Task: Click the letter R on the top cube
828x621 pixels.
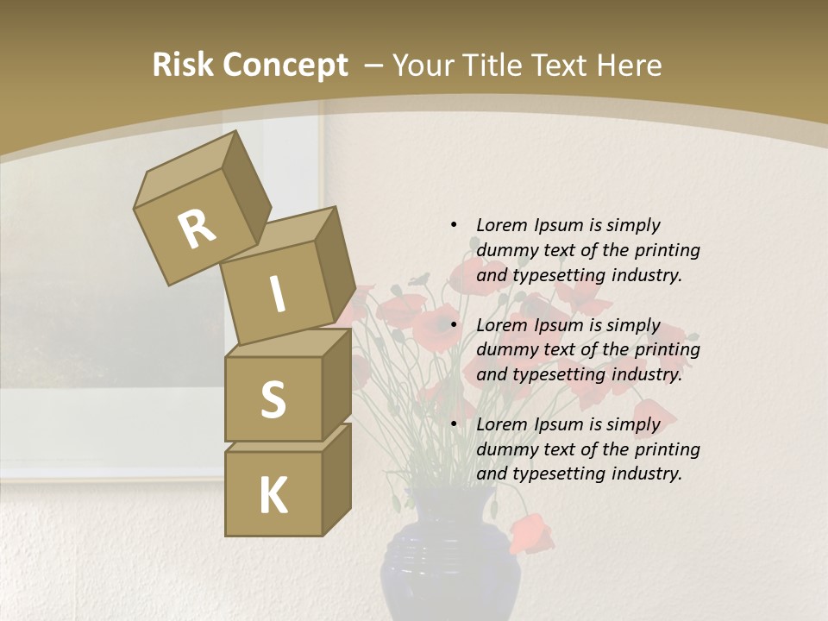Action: click(197, 229)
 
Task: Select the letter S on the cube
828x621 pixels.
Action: click(273, 399)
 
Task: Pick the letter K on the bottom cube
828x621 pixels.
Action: click(273, 495)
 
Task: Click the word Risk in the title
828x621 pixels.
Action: click(184, 65)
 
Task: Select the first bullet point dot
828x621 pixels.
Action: click(454, 225)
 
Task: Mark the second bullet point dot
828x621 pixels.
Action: click(454, 325)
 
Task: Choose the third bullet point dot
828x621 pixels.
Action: click(454, 424)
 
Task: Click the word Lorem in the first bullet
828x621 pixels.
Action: click(500, 225)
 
